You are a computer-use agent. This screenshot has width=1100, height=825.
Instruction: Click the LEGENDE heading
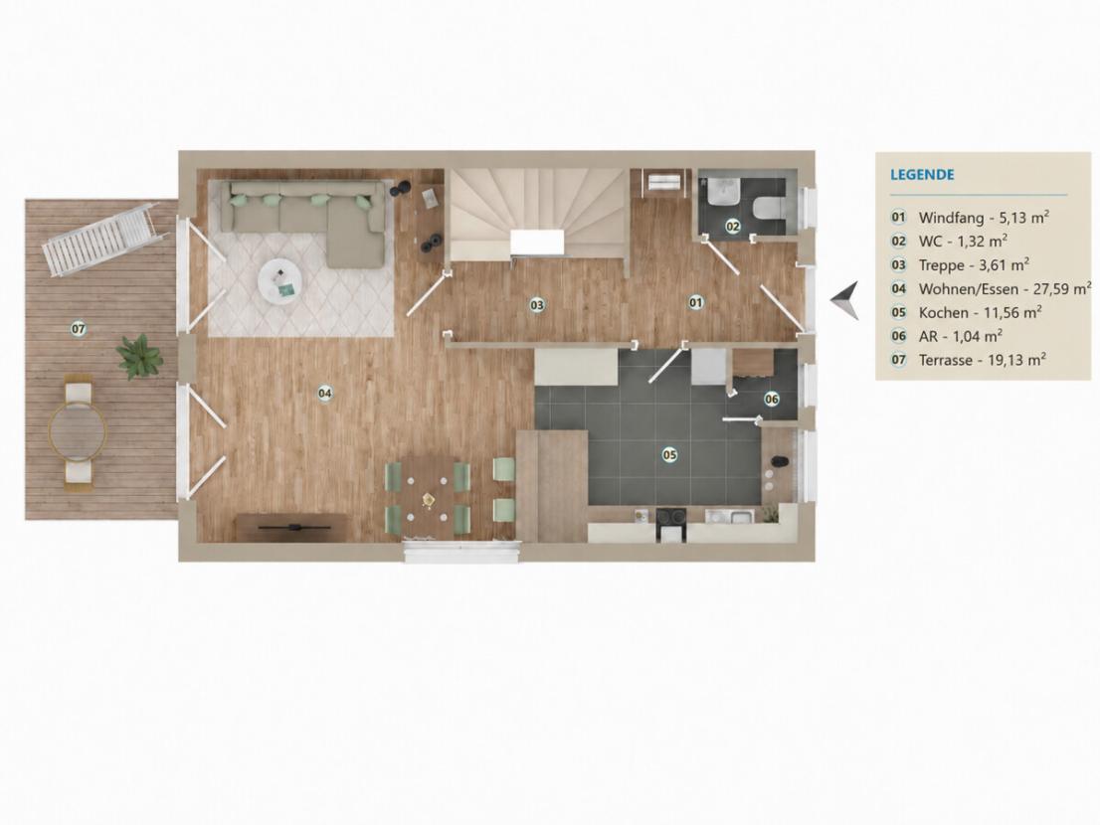pos(922,175)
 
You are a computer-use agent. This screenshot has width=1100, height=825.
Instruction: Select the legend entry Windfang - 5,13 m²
pos(971,218)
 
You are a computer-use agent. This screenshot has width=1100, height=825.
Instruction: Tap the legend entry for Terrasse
pos(969,360)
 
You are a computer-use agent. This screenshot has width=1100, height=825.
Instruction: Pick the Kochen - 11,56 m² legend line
pos(966,313)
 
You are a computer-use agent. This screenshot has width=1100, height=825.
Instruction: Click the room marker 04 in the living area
pos(325,394)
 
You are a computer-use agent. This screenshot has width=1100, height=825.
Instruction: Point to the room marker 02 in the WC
pos(732,227)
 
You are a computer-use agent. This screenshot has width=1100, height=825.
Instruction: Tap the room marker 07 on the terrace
pos(78,328)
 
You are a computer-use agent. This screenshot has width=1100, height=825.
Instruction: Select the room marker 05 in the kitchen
pos(670,455)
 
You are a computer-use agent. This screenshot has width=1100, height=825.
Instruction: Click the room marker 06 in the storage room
pos(772,400)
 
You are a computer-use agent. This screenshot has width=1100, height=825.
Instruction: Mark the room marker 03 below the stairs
pos(537,305)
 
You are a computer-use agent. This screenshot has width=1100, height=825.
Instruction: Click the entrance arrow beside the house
pos(845,300)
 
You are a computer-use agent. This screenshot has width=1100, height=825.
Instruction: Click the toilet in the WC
pos(768,208)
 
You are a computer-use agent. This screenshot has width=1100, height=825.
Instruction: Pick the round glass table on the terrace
pos(78,431)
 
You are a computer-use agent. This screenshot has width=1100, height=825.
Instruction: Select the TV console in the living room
pos(293,527)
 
